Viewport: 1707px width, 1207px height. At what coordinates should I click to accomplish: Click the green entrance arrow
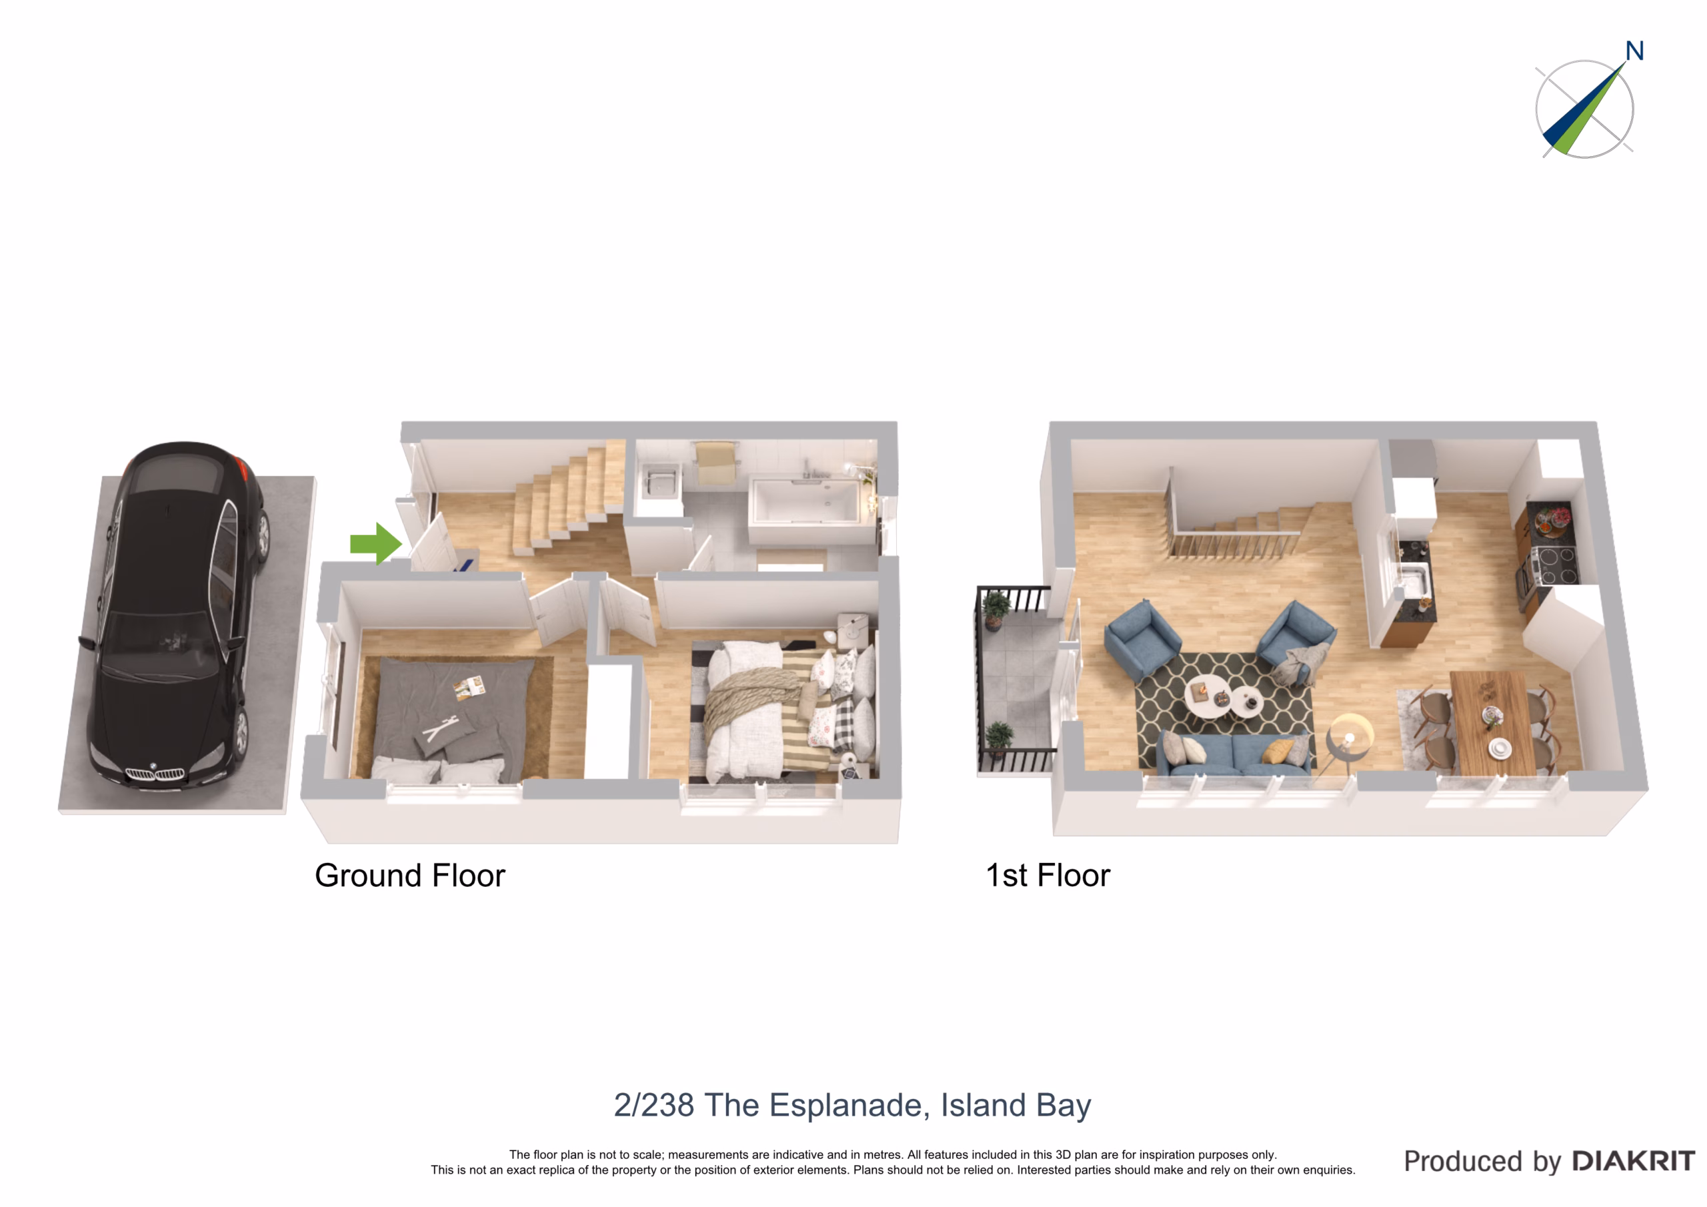[x=376, y=543]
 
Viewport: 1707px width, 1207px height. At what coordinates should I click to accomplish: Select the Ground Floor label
[x=409, y=876]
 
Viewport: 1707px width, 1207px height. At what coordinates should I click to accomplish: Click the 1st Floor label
[x=1048, y=876]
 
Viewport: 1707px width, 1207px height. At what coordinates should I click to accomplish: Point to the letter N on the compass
[x=1634, y=51]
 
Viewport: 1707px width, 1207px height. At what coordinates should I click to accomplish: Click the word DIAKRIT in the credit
[x=1634, y=1162]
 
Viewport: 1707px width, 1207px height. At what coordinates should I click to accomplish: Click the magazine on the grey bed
[x=470, y=689]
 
